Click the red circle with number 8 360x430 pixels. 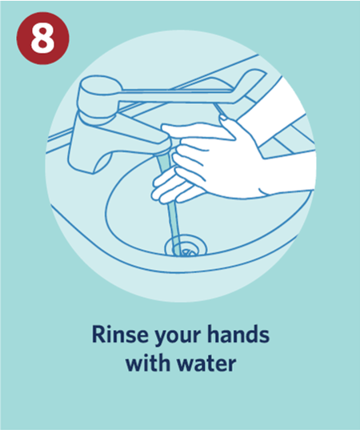(x=42, y=38)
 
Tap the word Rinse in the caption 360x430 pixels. (x=120, y=334)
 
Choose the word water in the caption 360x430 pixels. (x=206, y=364)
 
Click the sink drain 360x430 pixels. (x=186, y=246)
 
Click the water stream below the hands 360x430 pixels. (x=174, y=225)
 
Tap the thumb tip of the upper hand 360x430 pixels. (x=224, y=119)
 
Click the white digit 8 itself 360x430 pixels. (x=42, y=38)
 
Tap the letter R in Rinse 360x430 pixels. (x=98, y=334)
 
